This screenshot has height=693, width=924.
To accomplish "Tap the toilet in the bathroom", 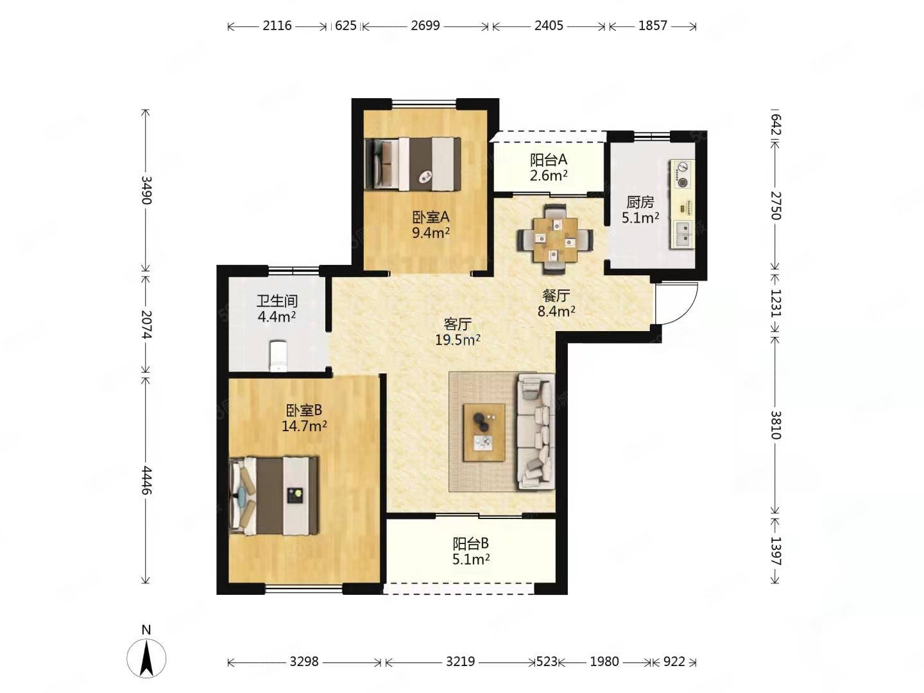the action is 278,356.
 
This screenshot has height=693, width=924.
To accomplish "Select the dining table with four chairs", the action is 555,239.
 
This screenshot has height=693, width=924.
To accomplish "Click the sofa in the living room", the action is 535,431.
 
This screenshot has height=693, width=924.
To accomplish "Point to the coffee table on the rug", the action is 484,432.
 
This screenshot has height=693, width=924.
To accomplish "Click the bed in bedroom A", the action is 413,164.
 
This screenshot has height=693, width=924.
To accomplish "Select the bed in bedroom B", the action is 273,496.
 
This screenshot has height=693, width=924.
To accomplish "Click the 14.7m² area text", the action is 304,426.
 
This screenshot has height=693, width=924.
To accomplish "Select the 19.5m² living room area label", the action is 458,339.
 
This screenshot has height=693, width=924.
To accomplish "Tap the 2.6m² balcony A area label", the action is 549,175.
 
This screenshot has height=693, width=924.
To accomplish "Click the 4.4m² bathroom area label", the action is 277,316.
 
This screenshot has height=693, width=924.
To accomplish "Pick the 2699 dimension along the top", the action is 425,26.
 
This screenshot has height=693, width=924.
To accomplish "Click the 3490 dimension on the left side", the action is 146,189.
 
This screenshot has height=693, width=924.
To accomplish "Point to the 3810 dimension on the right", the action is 775,425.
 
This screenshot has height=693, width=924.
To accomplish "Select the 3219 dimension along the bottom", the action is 460,662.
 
